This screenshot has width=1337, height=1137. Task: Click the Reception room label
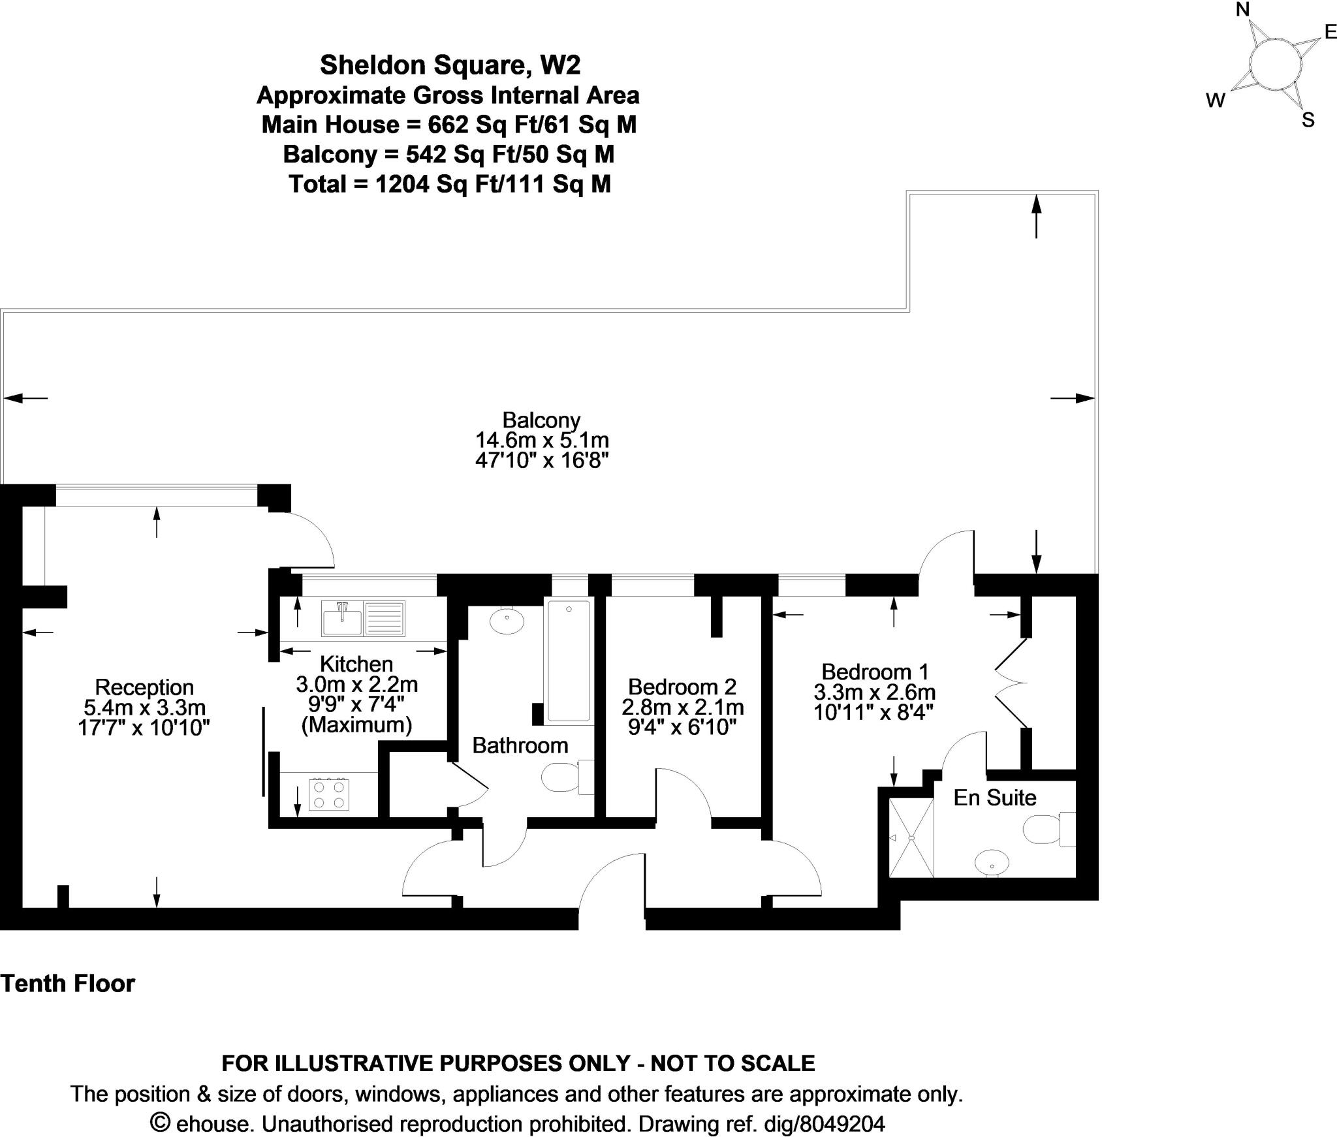144,687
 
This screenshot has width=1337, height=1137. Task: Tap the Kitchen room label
356,664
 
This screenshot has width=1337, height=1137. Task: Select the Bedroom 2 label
682,686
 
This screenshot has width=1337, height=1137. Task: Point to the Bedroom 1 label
875,671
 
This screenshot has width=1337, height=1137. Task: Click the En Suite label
995,798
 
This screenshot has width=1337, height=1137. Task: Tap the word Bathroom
520,745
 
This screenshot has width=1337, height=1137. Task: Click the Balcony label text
541,420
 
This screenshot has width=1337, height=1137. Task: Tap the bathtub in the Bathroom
569,661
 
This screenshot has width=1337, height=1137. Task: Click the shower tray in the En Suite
911,837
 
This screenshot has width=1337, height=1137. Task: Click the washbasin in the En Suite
992,863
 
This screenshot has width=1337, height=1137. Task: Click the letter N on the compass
1242,10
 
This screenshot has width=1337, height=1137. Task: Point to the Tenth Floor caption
68,983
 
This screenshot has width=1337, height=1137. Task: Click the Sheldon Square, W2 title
450,65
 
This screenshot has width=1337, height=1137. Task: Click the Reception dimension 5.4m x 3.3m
144,708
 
